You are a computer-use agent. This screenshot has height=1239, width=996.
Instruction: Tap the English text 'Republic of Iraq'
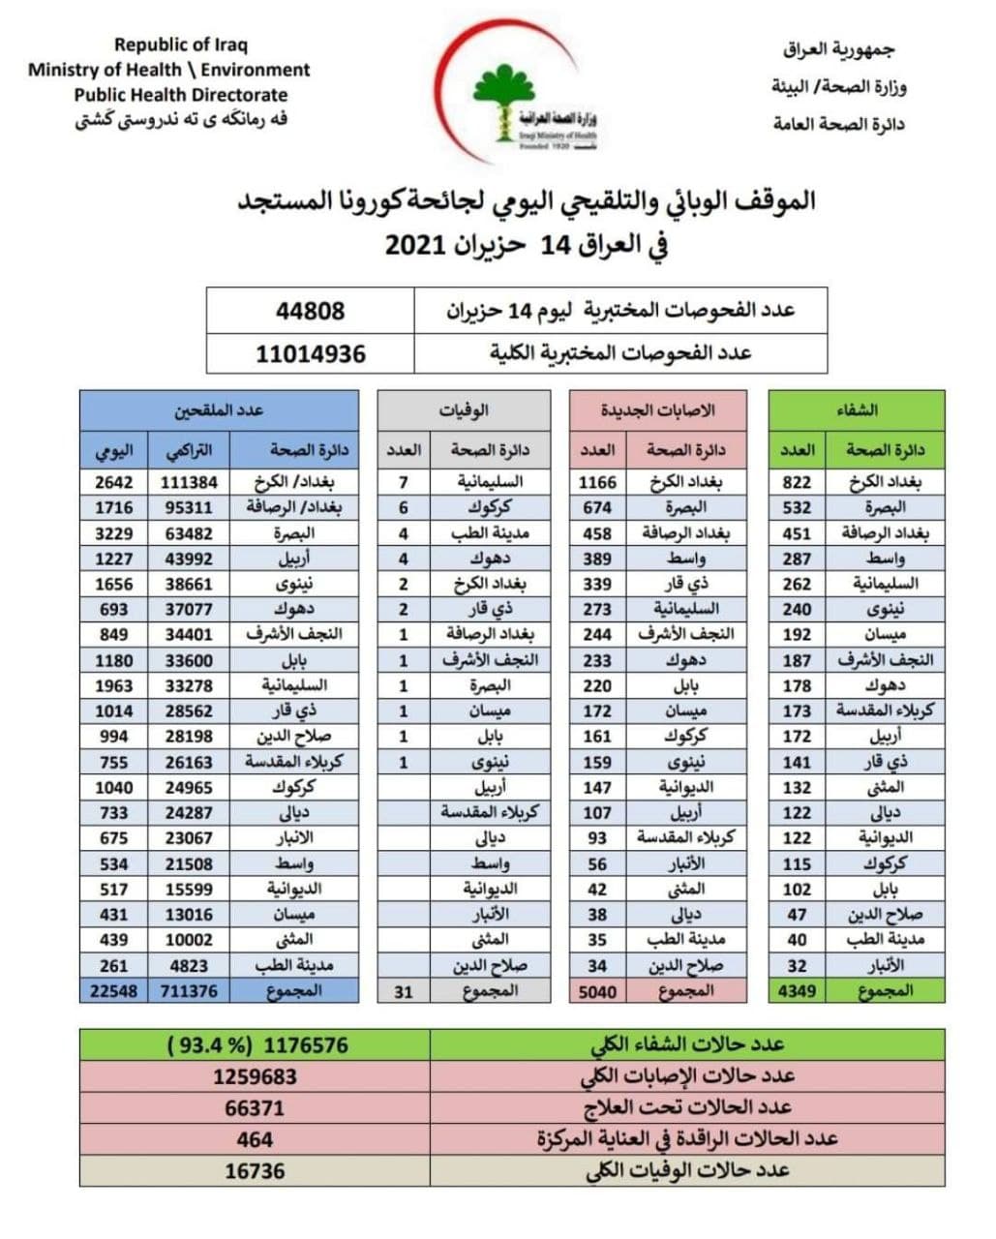(x=181, y=45)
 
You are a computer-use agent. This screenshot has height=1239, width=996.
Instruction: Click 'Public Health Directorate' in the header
(x=181, y=95)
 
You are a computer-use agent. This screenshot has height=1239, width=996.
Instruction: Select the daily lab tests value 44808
(x=310, y=311)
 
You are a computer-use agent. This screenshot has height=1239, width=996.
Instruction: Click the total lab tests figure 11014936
(x=311, y=353)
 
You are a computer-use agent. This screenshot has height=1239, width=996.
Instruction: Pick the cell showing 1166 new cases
(x=597, y=482)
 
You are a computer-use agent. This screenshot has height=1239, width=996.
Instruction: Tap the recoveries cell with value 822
(x=797, y=482)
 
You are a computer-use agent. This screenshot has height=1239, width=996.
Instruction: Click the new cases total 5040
(x=597, y=991)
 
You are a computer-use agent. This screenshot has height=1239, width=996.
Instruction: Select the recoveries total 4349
(x=797, y=991)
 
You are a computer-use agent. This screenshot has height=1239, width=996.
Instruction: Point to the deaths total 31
(x=404, y=991)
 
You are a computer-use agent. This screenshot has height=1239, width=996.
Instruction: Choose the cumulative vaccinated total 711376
(x=190, y=991)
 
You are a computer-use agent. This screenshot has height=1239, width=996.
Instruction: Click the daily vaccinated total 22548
(x=113, y=991)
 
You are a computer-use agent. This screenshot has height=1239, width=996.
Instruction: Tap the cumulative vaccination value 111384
(x=190, y=482)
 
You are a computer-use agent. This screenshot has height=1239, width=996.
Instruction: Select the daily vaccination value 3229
(x=113, y=533)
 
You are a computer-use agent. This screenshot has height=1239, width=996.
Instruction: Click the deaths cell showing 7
(x=404, y=482)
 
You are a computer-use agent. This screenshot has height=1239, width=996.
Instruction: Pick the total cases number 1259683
(x=255, y=1076)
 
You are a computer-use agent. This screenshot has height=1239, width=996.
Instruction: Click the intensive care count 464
(x=255, y=1139)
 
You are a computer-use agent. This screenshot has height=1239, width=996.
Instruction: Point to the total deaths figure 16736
(x=255, y=1171)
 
